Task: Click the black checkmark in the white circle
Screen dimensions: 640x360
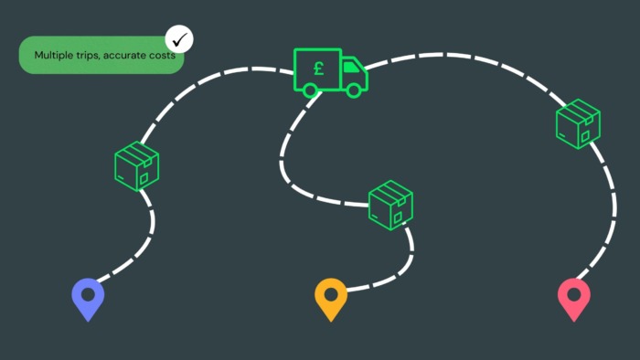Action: pos(179,39)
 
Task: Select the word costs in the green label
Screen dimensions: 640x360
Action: pos(162,55)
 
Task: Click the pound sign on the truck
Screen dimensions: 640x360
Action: pos(319,69)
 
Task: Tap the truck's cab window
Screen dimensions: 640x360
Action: pos(351,68)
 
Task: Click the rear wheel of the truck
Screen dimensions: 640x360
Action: pos(310,90)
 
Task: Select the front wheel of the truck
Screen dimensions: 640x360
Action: pos(354,90)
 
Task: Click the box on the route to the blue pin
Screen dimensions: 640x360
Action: pos(137,166)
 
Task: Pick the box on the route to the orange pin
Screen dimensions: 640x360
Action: pos(390,205)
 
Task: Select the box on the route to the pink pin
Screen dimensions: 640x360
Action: pos(578,123)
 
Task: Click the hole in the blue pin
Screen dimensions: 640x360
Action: pos(88,294)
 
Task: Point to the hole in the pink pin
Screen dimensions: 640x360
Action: pos(574,294)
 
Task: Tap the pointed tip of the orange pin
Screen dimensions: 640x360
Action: pos(331,322)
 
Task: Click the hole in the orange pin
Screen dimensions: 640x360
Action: pos(331,294)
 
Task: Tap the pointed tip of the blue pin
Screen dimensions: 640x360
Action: pos(88,322)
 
